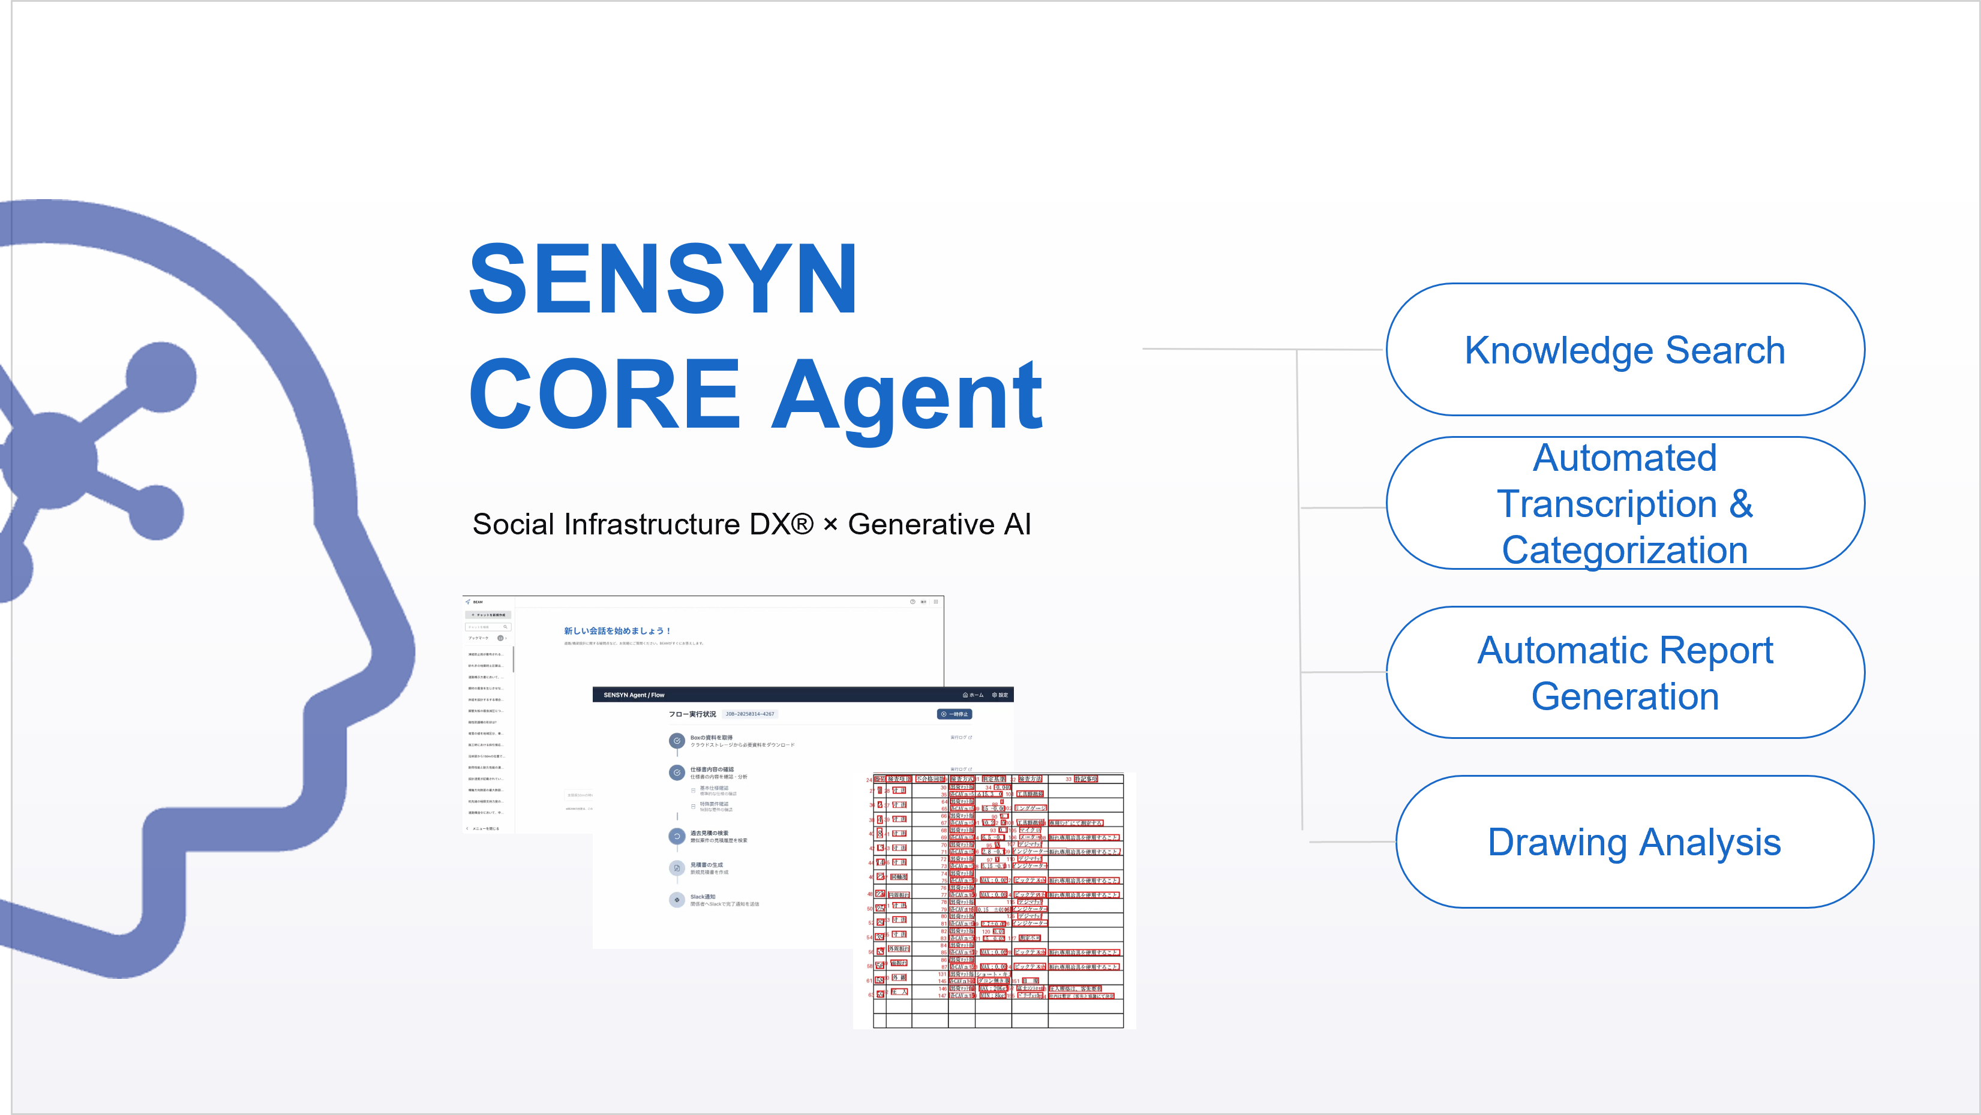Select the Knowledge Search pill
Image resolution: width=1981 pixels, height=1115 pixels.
[1624, 350]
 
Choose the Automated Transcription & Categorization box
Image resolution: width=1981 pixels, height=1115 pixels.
[1624, 504]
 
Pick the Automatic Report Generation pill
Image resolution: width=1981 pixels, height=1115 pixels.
[1624, 673]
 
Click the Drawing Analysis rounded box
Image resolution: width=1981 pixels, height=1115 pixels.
[1634, 842]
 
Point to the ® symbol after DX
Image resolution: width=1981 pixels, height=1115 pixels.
[802, 523]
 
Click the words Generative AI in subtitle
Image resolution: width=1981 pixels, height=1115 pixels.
[939, 524]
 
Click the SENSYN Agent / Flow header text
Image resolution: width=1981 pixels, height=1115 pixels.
[634, 695]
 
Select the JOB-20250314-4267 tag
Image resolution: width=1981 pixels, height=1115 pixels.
[750, 714]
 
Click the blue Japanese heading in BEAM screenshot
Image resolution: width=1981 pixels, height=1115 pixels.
[617, 630]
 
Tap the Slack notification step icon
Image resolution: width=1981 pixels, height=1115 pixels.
[677, 900]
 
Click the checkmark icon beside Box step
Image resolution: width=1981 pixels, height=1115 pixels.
[677, 741]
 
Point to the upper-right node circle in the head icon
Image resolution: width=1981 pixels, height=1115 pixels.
[161, 377]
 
